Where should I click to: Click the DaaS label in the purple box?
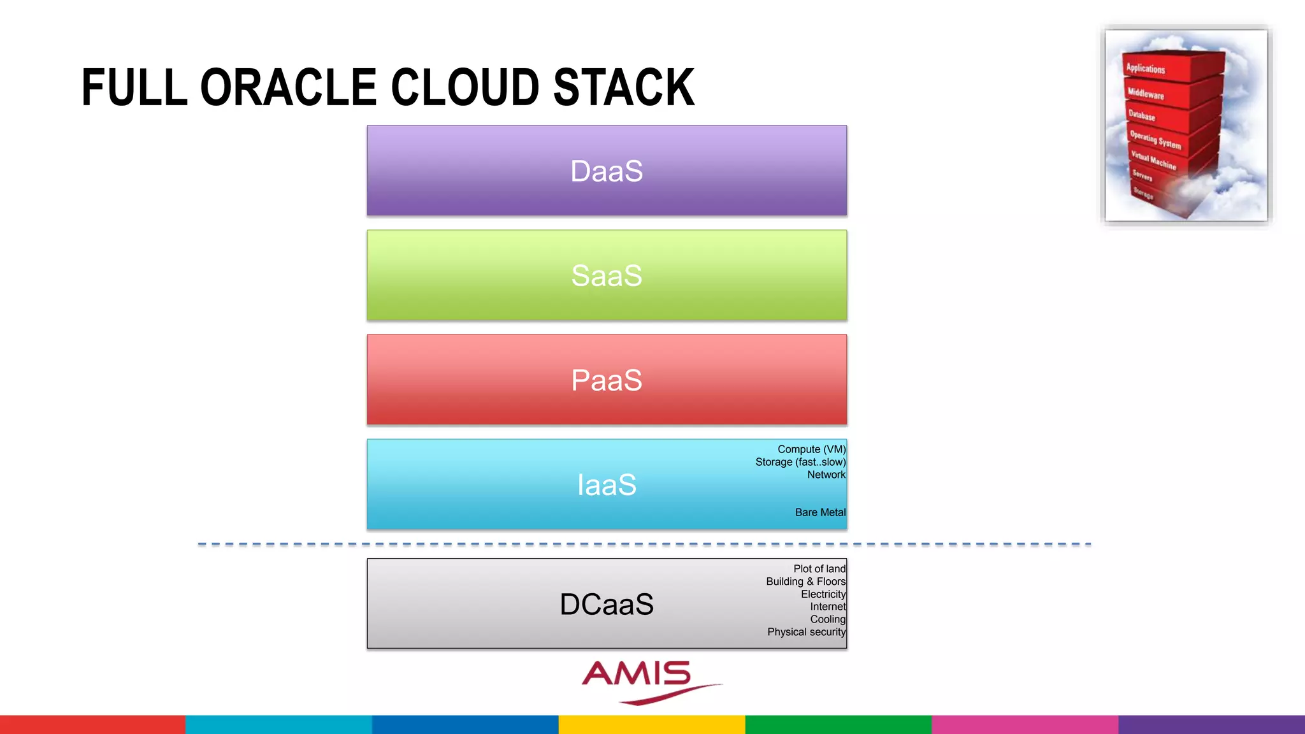point(607,171)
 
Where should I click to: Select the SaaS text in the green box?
point(607,275)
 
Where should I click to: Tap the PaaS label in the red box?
point(607,380)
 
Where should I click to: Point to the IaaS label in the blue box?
point(607,485)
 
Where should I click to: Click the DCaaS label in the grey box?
point(607,604)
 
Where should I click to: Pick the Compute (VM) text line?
point(811,449)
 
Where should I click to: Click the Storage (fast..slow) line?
point(800,462)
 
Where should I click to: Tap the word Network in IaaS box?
point(826,475)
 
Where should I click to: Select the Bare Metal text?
point(820,512)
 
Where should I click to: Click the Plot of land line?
point(819,568)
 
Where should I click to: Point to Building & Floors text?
point(805,581)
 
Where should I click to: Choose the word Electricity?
point(823,594)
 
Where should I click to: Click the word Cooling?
point(827,619)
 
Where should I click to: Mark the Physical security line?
point(806,632)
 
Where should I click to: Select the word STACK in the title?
point(624,87)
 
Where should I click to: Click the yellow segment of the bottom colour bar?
point(652,724)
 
